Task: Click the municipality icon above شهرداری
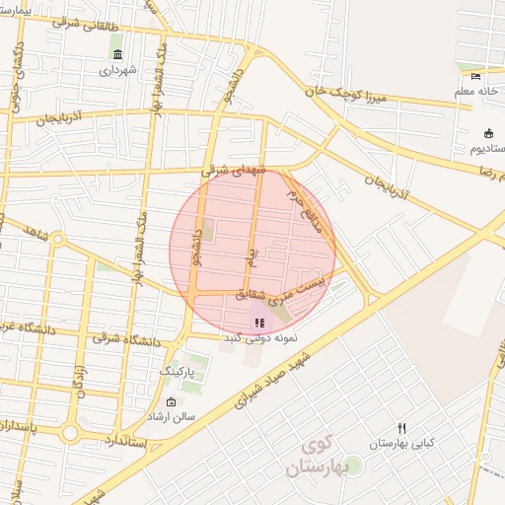[x=118, y=54]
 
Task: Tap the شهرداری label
[x=118, y=70]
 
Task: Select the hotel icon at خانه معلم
[x=476, y=76]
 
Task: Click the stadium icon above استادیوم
[x=488, y=133]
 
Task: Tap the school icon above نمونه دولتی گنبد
[x=258, y=322]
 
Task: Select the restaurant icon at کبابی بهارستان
[x=401, y=428]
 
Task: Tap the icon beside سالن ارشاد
[x=171, y=401]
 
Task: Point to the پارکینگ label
[x=179, y=373]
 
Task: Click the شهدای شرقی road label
[x=235, y=171]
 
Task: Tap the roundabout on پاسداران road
[x=69, y=433]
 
